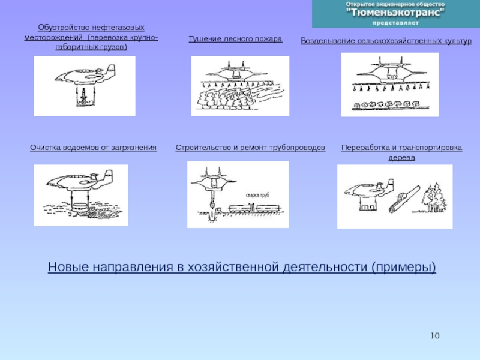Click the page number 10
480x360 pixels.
pos(435,336)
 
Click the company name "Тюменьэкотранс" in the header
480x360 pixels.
pos(395,13)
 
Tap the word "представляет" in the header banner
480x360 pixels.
pos(395,23)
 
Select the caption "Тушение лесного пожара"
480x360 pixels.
pos(235,39)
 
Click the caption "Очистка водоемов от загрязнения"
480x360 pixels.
pos(94,148)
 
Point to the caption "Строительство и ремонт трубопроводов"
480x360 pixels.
pos(250,148)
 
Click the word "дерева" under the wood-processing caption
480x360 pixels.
pos(401,158)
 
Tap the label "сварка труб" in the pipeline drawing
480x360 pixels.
pos(257,196)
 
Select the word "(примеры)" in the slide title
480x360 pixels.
pos(404,267)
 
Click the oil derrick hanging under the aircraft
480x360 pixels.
pos(83,97)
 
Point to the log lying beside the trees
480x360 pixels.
pos(404,199)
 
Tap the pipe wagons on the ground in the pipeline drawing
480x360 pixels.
pos(254,208)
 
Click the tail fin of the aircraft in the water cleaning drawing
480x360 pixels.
pos(109,177)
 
